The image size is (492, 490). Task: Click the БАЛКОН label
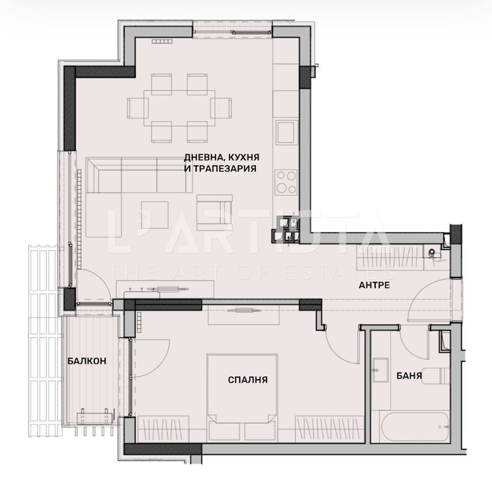[x=87, y=361]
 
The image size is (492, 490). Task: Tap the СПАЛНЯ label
[x=247, y=380]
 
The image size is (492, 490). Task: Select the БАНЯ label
[x=409, y=375]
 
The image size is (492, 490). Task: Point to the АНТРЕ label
[x=374, y=285]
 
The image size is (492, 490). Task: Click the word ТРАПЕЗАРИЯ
[x=224, y=169]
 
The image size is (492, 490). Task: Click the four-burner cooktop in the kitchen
[x=286, y=182]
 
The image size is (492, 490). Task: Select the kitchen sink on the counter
[x=287, y=132]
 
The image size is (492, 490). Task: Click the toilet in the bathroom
[x=436, y=376]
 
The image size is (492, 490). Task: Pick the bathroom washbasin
[x=380, y=370]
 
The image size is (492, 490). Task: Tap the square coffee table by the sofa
[x=155, y=215]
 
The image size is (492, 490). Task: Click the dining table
[x=179, y=108]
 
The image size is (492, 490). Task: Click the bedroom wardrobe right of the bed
[x=329, y=429]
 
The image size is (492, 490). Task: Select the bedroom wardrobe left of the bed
[x=163, y=429]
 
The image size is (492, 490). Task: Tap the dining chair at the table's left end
[x=138, y=108]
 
